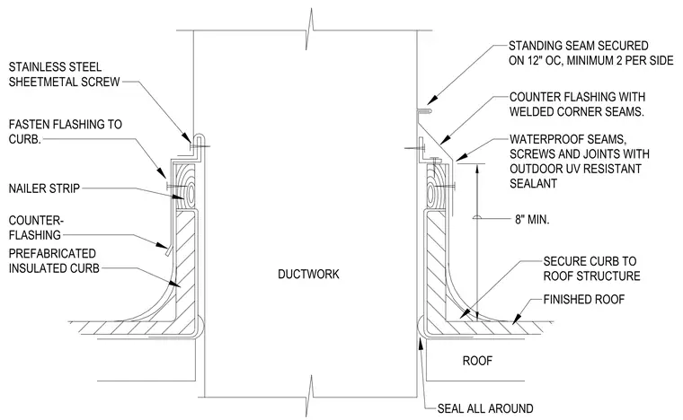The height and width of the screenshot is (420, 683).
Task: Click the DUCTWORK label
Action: click(x=308, y=274)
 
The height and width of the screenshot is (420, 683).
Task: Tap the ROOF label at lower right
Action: click(x=477, y=361)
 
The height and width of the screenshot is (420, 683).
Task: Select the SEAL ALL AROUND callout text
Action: click(x=485, y=408)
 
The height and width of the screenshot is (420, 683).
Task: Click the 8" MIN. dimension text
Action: click(x=532, y=219)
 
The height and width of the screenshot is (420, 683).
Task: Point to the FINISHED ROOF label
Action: click(x=583, y=299)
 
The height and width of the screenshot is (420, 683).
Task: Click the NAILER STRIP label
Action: click(x=44, y=188)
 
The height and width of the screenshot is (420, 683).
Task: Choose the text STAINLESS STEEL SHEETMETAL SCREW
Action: click(x=64, y=74)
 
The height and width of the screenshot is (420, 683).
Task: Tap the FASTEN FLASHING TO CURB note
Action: click(x=66, y=132)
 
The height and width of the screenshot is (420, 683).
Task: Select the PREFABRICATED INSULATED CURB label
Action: click(x=54, y=261)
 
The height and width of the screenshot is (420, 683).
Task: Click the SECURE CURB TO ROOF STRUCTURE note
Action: click(x=591, y=268)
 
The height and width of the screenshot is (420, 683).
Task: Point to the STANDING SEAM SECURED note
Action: click(x=591, y=53)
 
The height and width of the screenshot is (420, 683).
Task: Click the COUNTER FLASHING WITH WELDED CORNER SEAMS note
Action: click(x=577, y=104)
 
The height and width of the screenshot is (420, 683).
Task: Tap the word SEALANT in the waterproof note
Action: click(x=534, y=183)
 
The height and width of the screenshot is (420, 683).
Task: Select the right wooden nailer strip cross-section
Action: click(x=436, y=188)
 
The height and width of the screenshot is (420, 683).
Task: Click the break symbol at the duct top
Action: click(x=310, y=31)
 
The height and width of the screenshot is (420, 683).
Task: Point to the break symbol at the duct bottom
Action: click(x=310, y=397)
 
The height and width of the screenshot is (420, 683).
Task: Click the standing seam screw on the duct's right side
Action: click(x=424, y=111)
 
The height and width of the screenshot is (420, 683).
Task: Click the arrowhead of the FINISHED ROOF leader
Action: click(x=517, y=319)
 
